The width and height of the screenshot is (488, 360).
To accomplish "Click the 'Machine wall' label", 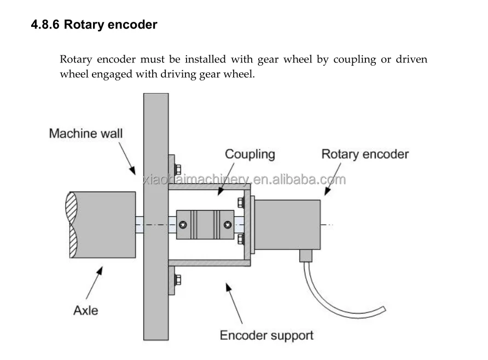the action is coord(86,133).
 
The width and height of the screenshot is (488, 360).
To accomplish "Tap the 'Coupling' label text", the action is coord(250,154).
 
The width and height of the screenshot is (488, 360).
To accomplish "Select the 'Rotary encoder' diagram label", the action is coord(365,154).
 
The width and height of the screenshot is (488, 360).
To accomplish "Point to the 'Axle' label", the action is coord(85,311).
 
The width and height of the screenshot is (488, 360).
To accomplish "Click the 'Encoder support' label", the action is coord(266,336).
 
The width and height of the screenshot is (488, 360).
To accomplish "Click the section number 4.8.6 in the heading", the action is coord(45,25).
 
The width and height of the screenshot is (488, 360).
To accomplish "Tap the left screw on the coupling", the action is coord(183,225).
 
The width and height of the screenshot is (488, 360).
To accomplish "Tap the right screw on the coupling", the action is coord(228,225).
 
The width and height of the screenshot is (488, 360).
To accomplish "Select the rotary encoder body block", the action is coord(287,225).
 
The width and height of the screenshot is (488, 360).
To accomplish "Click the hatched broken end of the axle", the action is coord(72,225).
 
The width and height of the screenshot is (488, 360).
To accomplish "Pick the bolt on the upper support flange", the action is coord(178,170).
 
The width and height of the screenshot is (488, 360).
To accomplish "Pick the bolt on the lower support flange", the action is coord(178,280).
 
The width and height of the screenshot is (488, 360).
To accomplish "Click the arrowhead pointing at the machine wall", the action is coord(132,170).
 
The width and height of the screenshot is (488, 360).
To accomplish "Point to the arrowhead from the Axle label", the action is coord(99,271).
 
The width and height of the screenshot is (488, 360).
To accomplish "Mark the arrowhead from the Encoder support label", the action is coord(229,287).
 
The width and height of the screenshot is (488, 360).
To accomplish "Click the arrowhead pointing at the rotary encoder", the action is coord(327,191).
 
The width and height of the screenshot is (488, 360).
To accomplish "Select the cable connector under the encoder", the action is coord(306,256).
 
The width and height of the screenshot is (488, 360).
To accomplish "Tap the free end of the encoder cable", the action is coord(384,309).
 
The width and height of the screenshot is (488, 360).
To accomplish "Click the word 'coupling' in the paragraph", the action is coord(355,60).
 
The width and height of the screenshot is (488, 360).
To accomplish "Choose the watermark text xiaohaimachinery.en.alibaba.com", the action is coord(245,179).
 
